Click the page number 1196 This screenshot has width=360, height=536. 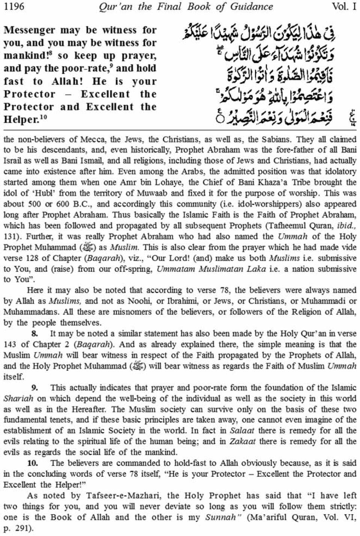tap(14, 6)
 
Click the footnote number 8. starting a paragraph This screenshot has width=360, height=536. tap(34, 334)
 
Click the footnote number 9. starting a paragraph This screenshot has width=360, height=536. tap(34, 388)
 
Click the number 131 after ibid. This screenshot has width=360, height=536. tap(10, 237)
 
